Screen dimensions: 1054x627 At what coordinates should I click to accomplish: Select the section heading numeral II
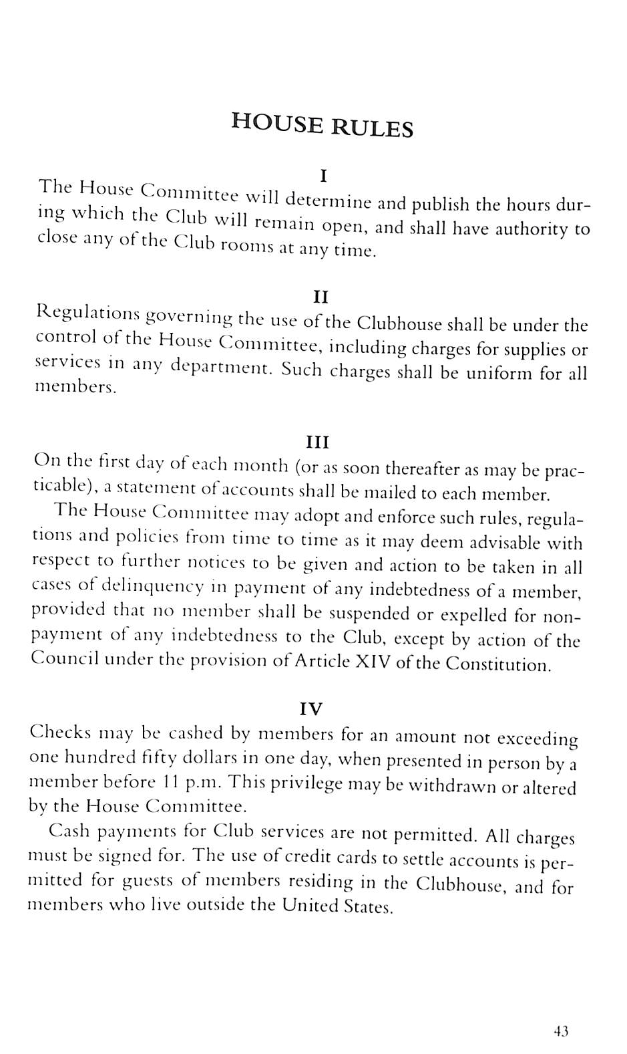click(x=321, y=296)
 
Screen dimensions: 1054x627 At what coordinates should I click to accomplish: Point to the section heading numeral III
click(x=317, y=442)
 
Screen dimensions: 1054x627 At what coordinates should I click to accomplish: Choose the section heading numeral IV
click(x=311, y=708)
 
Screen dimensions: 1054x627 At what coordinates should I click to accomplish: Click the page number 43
click(x=561, y=1031)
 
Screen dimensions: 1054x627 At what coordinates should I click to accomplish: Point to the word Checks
click(x=61, y=732)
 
